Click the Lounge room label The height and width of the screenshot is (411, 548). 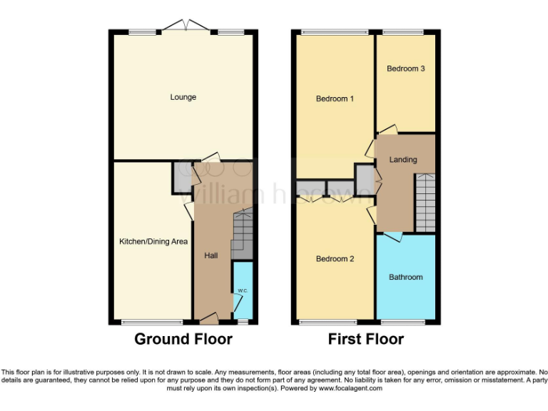coord(183,97)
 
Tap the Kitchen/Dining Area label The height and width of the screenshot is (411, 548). coord(153,242)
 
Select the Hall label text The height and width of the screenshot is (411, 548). coord(211,255)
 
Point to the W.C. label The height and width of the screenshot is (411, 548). coord(243,290)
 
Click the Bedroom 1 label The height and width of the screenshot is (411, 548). coord(335,98)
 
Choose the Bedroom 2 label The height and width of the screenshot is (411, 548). coord(335,259)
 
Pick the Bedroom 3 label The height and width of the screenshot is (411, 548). coord(406,69)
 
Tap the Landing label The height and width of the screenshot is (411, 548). coord(402,160)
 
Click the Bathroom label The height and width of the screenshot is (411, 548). coord(405,277)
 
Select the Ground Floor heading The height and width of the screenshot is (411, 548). coord(183,339)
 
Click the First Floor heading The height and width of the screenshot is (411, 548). coord(365,339)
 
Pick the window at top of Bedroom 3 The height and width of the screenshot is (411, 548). coord(403,31)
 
